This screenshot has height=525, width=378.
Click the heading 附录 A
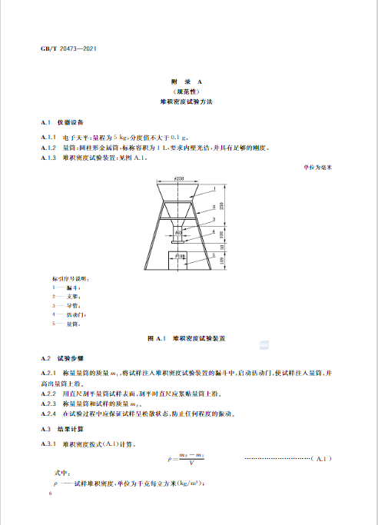pos(189,81)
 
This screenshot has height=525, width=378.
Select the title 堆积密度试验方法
pos(189,101)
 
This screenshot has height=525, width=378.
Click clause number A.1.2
pos(49,147)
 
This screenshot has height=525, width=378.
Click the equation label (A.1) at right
pos(321,460)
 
